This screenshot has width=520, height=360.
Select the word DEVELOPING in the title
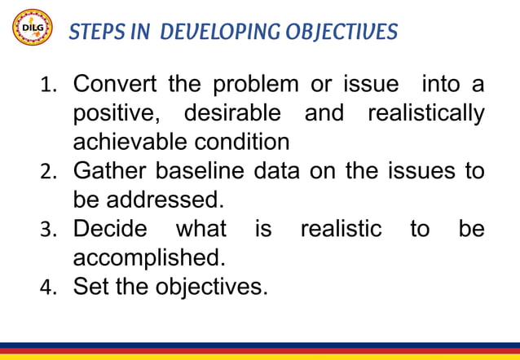coord(214,32)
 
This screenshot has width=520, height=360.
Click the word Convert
coord(117,84)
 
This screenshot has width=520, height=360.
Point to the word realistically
coord(425,113)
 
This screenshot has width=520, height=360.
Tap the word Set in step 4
coord(90,287)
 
